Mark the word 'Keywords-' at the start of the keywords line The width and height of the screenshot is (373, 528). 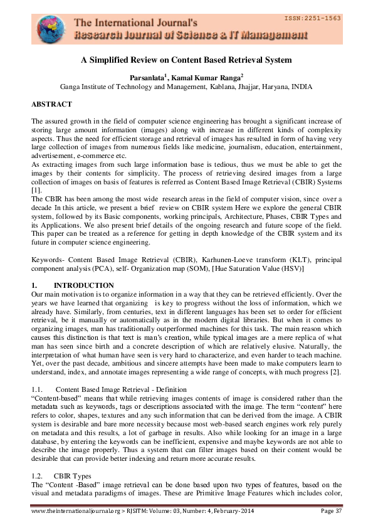[47, 224]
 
